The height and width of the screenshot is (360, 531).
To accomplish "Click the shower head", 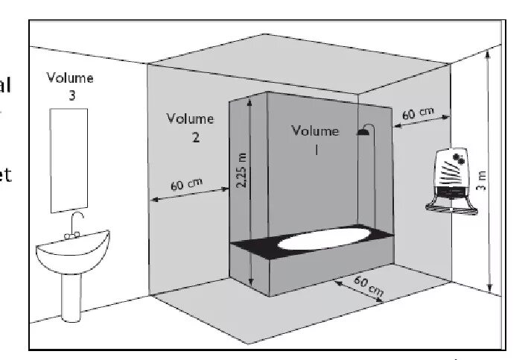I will [x=363, y=132].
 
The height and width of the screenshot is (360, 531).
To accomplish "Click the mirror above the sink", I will [x=65, y=160].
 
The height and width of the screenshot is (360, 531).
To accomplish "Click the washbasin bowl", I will [x=72, y=253].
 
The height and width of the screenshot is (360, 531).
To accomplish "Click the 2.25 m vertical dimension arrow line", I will [x=252, y=194].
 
